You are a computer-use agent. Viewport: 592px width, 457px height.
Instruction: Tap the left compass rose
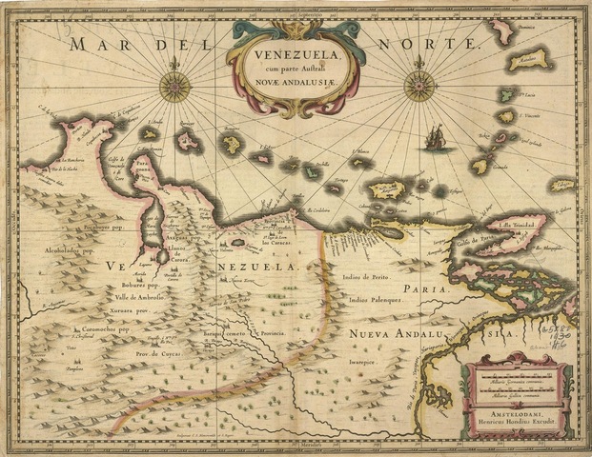tap(174, 86)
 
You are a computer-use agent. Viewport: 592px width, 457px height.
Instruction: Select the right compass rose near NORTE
tap(418, 86)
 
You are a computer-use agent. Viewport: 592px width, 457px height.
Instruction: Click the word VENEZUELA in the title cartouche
tap(293, 42)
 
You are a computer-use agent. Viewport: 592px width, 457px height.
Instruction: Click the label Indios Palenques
tap(378, 300)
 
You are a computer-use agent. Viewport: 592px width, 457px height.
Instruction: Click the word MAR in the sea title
tap(103, 46)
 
